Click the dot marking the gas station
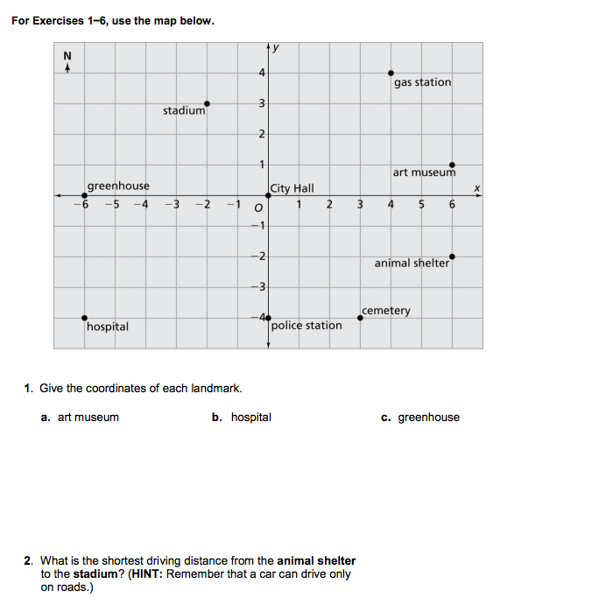pos(391,74)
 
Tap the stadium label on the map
pos(184,111)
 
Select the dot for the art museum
pos(452,165)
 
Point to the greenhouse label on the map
pos(118,186)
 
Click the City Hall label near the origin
pos(292,188)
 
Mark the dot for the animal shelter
pos(452,257)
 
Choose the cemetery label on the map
pos(386,311)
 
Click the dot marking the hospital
pos(84,318)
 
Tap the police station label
pos(307,326)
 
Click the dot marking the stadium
pos(207,103)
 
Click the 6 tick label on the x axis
pos(452,206)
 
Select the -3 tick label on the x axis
pos(173,206)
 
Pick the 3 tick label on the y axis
pos(260,104)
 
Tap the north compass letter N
pos(67,57)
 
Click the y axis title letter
pos(278,46)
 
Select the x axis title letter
pos(477,186)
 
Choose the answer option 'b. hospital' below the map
pos(242,418)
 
